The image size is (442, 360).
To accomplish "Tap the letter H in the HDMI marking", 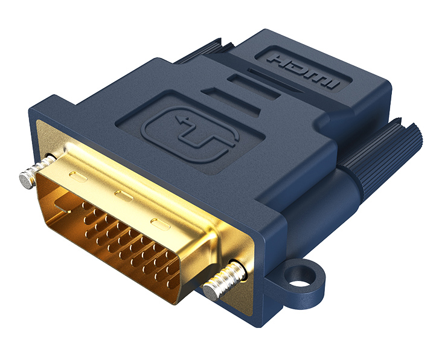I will point(281,61).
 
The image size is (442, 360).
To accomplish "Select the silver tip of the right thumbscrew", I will point(211,292).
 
